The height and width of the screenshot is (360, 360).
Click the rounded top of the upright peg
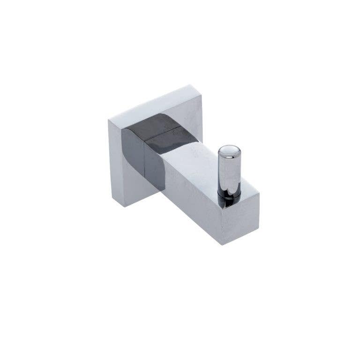click(229, 150)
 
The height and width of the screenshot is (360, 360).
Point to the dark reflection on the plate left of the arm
click(132, 150)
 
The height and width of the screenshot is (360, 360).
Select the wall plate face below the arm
click(136, 192)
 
